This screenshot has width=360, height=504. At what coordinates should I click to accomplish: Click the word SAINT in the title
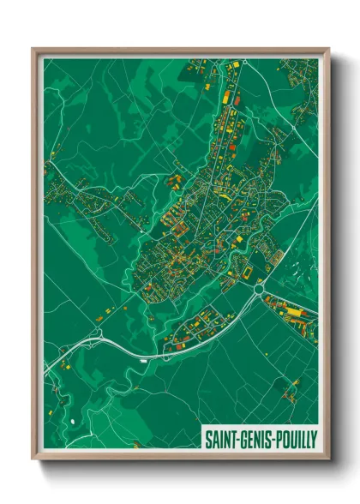[219, 438]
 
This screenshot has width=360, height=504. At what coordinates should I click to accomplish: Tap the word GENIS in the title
[255, 438]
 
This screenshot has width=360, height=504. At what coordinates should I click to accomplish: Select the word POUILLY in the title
[295, 438]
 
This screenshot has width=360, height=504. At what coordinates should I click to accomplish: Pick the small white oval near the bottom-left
[72, 422]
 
